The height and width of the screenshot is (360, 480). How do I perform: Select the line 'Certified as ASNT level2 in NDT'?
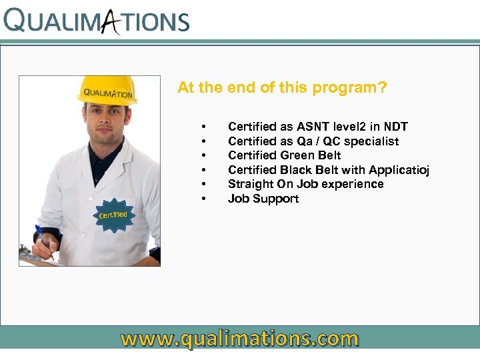click(317, 127)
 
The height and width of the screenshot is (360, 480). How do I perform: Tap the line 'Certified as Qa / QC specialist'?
click(313, 141)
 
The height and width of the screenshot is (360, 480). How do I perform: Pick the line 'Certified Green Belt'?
click(284, 155)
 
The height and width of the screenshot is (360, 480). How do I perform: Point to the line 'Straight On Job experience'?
click(305, 184)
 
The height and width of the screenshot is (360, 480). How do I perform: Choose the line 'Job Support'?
click(263, 199)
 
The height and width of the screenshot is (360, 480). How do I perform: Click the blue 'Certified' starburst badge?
click(113, 215)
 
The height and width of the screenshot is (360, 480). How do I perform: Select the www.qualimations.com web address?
click(239, 339)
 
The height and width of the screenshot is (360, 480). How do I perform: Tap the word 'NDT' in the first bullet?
click(395, 127)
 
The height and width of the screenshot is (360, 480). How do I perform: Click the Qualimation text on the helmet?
click(108, 93)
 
